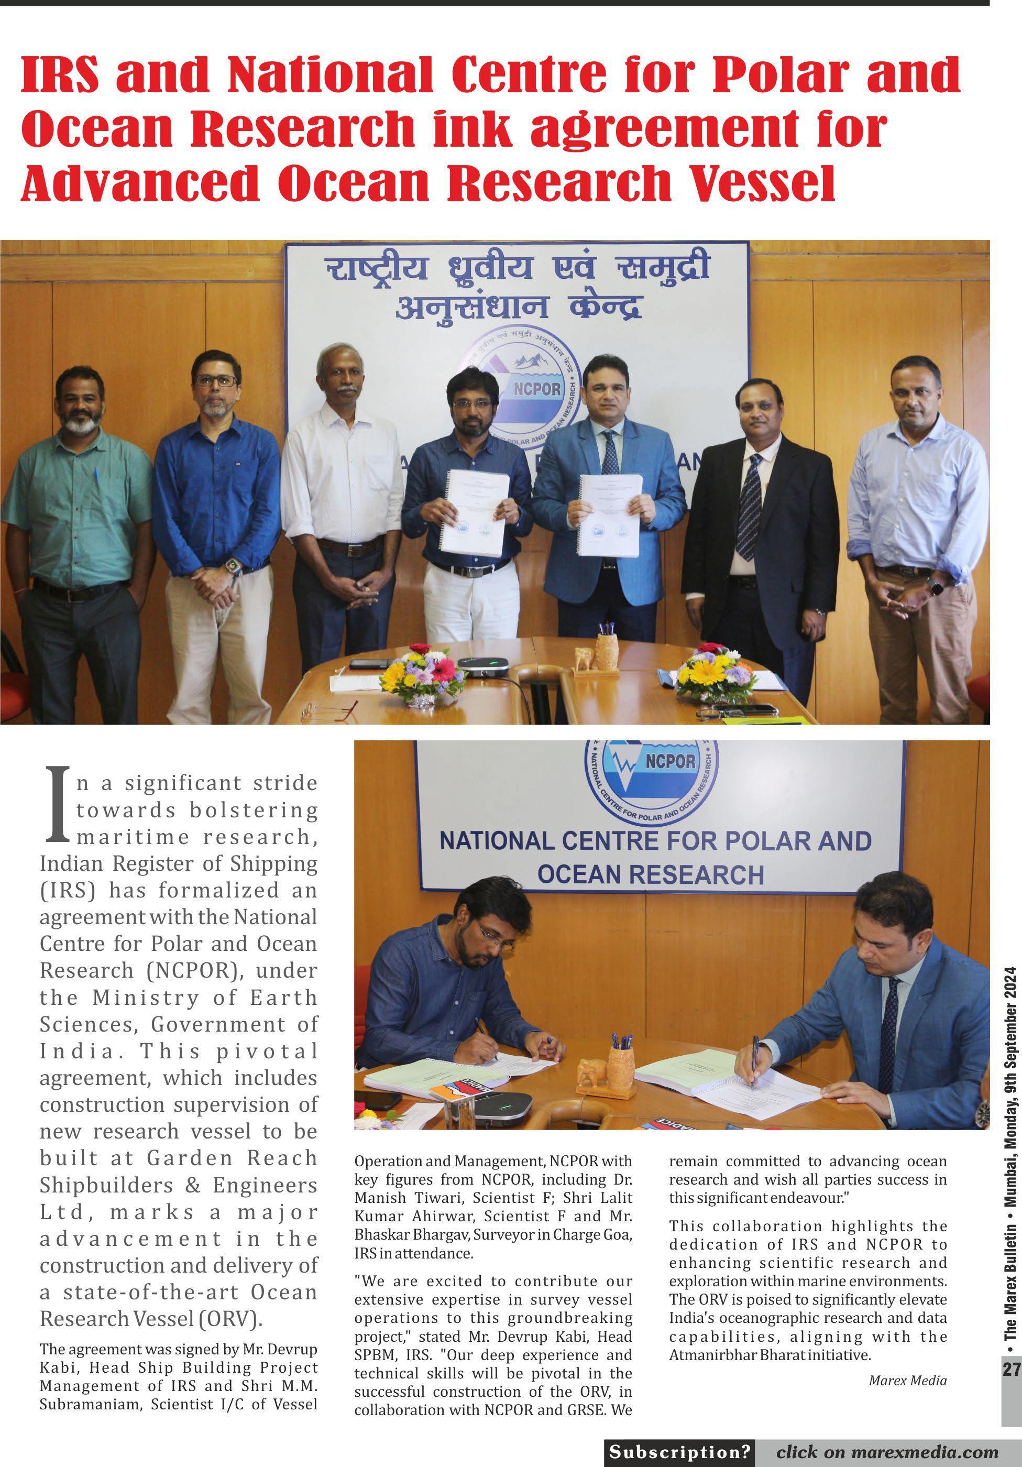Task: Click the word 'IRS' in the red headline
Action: (61, 76)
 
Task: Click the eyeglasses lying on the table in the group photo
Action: (329, 710)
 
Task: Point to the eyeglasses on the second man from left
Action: (216, 381)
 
